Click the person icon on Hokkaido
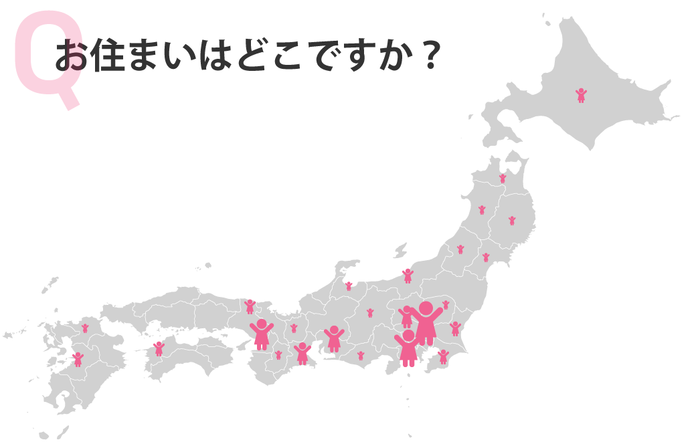pyautogui.click(x=581, y=95)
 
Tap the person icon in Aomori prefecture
pyautogui.click(x=503, y=179)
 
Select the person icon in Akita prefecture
pyautogui.click(x=482, y=210)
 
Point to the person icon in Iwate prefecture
pyautogui.click(x=512, y=220)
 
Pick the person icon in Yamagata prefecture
pyautogui.click(x=460, y=249)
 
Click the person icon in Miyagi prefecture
pyautogui.click(x=486, y=257)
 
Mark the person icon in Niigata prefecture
pyautogui.click(x=408, y=275)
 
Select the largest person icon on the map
pyautogui.click(x=426, y=323)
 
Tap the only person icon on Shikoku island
pyautogui.click(x=159, y=348)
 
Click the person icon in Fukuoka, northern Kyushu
pyautogui.click(x=85, y=328)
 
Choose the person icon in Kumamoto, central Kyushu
pyautogui.click(x=78, y=359)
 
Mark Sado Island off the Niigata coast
pyautogui.click(x=400, y=251)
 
